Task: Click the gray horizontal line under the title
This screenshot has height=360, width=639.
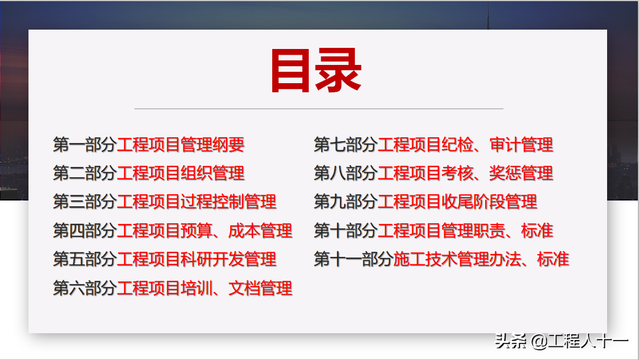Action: coord(319,108)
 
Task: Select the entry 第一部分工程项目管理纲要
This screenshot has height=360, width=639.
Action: coord(149,145)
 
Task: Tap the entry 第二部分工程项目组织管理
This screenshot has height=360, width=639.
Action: coord(149,173)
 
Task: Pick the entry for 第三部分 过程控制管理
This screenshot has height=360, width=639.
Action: coord(165,202)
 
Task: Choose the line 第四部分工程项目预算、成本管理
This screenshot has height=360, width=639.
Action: coord(173,231)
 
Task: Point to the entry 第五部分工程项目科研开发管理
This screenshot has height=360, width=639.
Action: coord(165,260)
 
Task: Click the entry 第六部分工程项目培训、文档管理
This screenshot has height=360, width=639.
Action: coord(173,288)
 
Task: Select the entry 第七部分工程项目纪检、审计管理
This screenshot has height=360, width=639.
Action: coord(433,145)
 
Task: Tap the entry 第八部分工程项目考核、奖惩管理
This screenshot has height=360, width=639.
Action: coord(433,173)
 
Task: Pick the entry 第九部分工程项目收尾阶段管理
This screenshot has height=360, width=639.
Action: coord(425,202)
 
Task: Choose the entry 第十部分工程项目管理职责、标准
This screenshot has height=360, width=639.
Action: coord(433,231)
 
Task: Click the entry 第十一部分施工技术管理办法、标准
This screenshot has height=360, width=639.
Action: coord(441,260)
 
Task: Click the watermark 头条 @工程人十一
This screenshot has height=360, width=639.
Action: coord(562,342)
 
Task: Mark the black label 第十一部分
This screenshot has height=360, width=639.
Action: coord(353,260)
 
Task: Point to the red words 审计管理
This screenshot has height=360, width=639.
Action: coord(521,145)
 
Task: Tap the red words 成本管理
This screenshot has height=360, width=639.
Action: coord(260,231)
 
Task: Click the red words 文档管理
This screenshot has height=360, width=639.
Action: coord(260,288)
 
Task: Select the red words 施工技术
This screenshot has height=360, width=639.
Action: coord(425,260)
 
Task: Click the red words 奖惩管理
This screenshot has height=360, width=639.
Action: coord(521,173)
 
